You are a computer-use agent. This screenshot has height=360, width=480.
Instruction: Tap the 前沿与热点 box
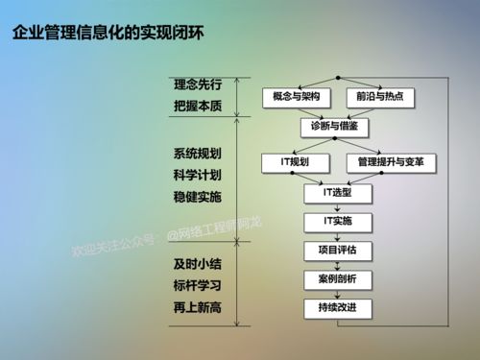tap(377, 98)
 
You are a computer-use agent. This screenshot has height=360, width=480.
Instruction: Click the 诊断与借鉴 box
tap(336, 127)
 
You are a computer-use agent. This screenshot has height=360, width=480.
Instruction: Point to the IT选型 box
tap(336, 192)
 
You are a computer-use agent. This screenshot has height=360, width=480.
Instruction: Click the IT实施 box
tap(336, 221)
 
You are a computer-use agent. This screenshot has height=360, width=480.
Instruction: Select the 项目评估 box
tap(336, 250)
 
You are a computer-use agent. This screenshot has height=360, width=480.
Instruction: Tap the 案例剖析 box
tap(336, 278)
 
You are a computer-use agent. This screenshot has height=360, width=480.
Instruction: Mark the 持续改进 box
tap(336, 307)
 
